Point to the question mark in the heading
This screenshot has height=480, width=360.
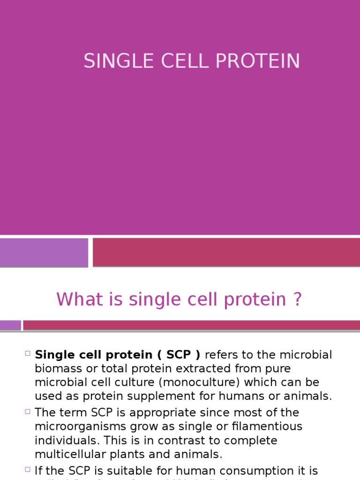point(297,299)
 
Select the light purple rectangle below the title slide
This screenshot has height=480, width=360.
point(44,252)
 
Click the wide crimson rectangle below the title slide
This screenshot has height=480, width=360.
point(226,252)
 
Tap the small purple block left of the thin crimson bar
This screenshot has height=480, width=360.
point(10,325)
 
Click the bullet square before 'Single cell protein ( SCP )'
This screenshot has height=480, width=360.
point(28,353)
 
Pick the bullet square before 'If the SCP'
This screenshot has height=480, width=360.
point(28,469)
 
